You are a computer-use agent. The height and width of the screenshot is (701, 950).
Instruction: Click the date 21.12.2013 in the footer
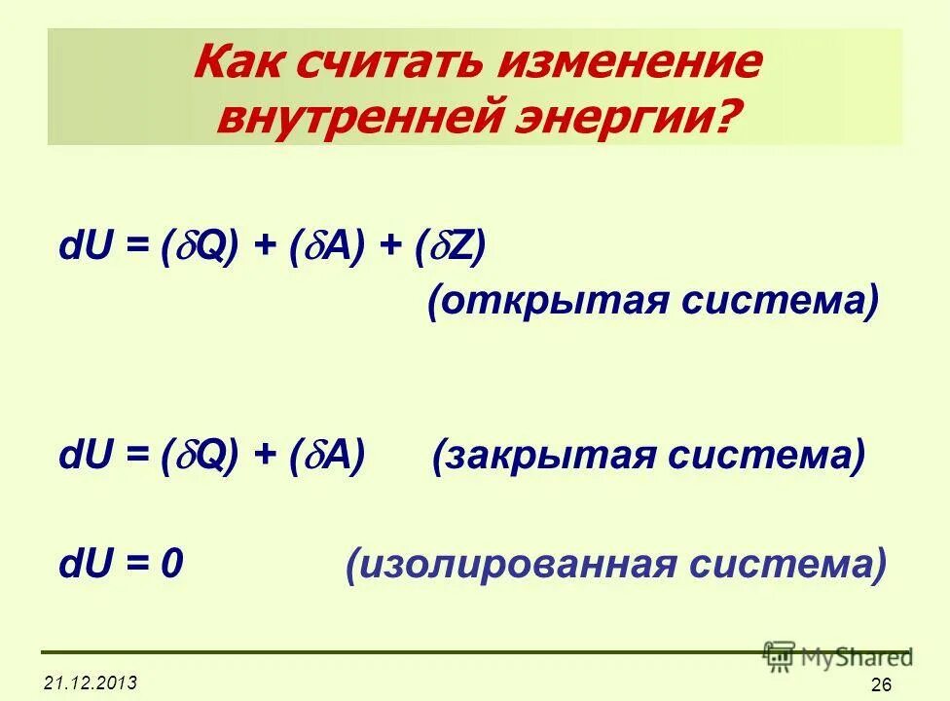pyautogui.click(x=90, y=681)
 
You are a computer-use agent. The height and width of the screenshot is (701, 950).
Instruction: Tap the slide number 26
pyautogui.click(x=881, y=684)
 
